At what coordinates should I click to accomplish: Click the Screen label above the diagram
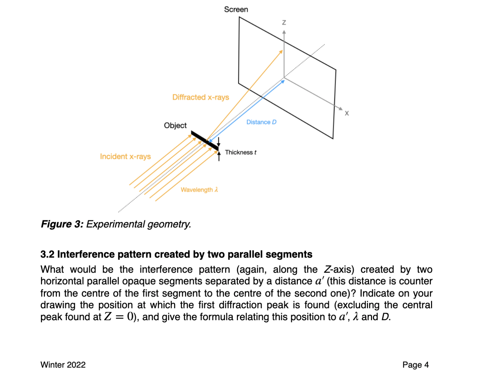click(236, 9)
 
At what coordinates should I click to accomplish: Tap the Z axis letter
click(284, 23)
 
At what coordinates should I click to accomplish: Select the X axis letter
click(347, 113)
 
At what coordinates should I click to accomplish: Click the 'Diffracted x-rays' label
click(201, 97)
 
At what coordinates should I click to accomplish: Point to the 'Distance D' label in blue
click(261, 122)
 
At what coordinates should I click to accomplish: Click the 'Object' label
click(175, 126)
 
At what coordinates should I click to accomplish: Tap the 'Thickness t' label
click(241, 152)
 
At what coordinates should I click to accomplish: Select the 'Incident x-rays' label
click(125, 156)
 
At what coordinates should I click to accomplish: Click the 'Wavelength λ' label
click(199, 190)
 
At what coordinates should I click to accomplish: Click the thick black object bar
click(205, 140)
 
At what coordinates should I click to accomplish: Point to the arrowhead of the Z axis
click(284, 32)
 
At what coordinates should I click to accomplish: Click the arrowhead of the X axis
click(340, 109)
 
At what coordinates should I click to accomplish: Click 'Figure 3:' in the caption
click(62, 224)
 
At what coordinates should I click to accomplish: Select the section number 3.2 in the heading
click(47, 254)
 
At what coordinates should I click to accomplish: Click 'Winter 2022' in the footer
click(63, 365)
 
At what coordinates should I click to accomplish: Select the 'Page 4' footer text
click(415, 365)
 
